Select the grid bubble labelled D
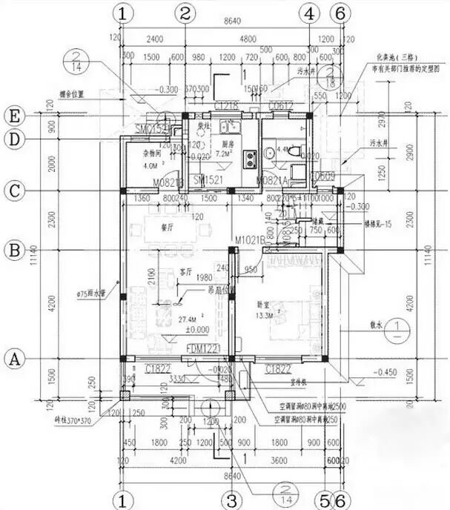[13, 139]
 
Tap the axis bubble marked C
[13, 190]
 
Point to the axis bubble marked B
[13, 251]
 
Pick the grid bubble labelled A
[13, 359]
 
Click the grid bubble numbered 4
[309, 13]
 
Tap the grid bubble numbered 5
[323, 499]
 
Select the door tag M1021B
[249, 239]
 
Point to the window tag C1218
[228, 107]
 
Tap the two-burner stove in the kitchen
[249, 156]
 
